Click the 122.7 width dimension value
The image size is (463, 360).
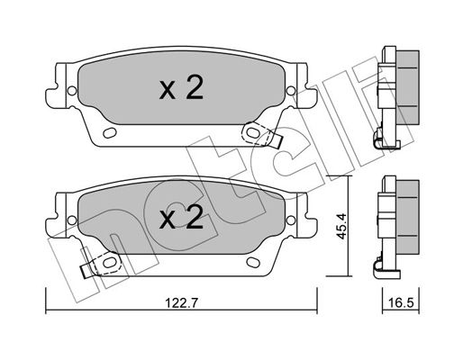tap(181, 302)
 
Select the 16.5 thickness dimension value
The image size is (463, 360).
tap(401, 302)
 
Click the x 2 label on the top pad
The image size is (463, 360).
tap(181, 87)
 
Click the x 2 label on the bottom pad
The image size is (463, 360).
tap(181, 217)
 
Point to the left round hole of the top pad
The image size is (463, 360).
tap(72, 90)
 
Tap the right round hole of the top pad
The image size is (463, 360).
tap(291, 90)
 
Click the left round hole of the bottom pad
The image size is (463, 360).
tap(72, 220)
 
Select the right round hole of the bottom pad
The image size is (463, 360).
tap(291, 220)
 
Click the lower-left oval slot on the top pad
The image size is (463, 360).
tap(110, 132)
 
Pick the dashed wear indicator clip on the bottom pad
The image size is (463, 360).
tap(102, 265)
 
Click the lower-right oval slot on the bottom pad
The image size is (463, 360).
tap(253, 262)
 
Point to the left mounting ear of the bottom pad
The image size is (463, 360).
tap(56, 215)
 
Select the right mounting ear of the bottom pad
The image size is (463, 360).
tap(306, 215)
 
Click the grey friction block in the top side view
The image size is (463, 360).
tap(407, 87)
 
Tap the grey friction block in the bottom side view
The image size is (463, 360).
tap(407, 217)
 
